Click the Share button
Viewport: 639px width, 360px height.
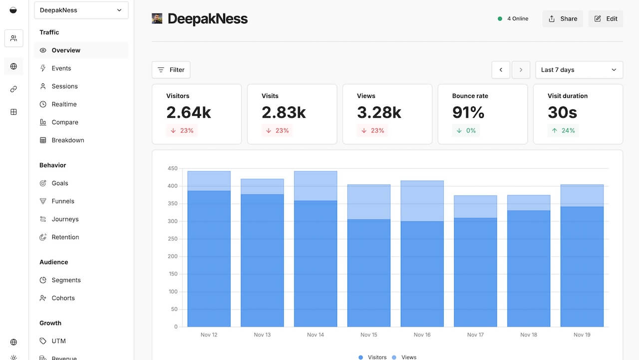point(563,19)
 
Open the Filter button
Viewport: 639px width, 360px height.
point(171,70)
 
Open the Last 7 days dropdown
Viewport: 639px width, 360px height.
point(579,70)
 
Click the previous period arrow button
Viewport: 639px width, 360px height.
point(501,70)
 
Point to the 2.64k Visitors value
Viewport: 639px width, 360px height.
point(189,112)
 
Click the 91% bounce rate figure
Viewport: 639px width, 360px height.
point(468,112)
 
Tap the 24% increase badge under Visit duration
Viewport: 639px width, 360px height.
point(563,131)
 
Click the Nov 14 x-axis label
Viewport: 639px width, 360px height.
point(316,335)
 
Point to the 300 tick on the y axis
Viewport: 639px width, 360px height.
point(173,221)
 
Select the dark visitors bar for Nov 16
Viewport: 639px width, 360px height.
point(422,274)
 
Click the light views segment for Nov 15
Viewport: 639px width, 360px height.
point(369,202)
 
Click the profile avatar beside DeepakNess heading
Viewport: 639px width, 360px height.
point(157,18)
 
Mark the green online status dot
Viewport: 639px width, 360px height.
point(500,19)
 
